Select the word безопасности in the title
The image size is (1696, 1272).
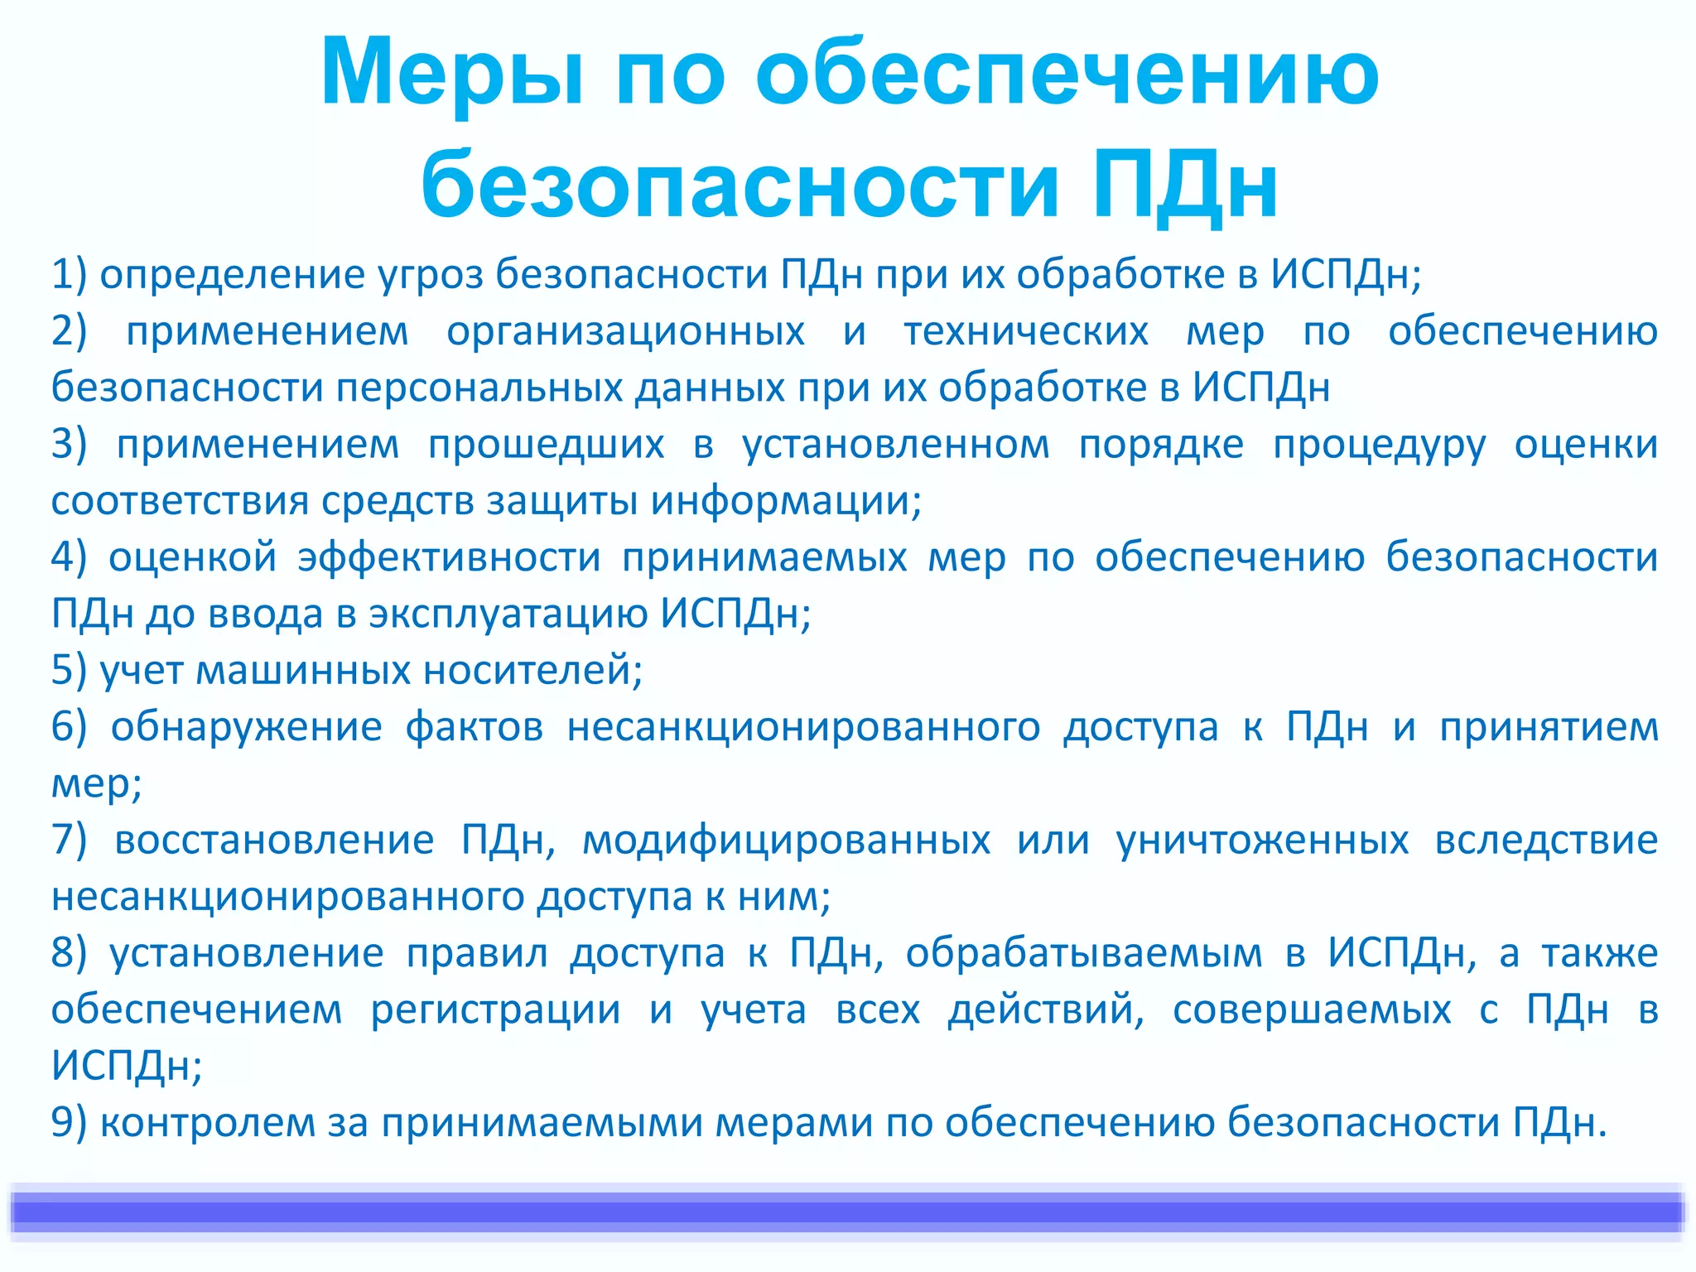tap(740, 184)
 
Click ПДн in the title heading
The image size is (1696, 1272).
tap(1184, 184)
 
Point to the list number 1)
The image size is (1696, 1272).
tap(69, 275)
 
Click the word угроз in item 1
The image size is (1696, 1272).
tap(431, 275)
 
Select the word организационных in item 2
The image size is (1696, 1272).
tap(625, 332)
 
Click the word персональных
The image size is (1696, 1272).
tap(479, 388)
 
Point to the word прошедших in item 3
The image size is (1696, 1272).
tap(546, 446)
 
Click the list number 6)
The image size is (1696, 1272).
tap(69, 727)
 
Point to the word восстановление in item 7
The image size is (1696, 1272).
tap(274, 841)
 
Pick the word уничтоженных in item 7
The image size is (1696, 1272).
tap(1262, 841)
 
